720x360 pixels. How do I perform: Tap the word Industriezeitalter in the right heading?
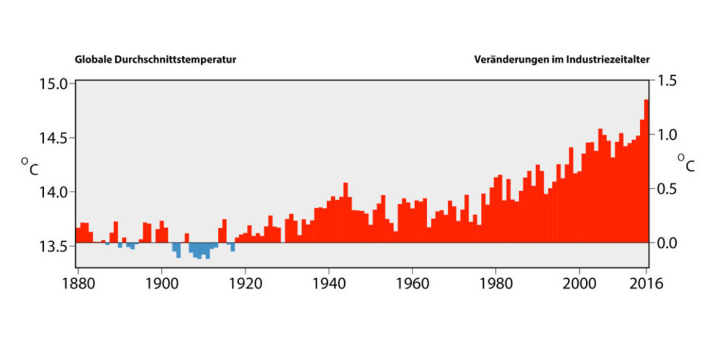click(608, 60)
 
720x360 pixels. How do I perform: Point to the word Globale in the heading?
click(93, 60)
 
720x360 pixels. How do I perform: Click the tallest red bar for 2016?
click(646, 171)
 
